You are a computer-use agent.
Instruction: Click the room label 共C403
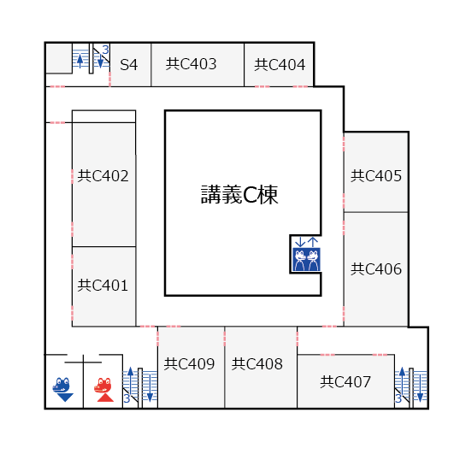pos(192,64)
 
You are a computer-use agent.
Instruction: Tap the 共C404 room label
pos(280,65)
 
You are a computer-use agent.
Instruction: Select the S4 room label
pos(128,65)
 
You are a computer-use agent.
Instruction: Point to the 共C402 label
pos(103,176)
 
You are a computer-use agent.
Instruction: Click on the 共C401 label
pos(103,286)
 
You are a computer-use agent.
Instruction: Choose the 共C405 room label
pos(376,176)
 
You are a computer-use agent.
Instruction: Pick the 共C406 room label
pos(376,269)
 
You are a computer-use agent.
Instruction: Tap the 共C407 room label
pos(345,382)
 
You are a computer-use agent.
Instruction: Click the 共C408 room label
pos(257,364)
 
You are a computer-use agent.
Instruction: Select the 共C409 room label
pos(189,364)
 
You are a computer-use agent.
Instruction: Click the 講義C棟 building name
pos(239,195)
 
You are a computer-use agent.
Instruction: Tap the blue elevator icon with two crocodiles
pos(306,259)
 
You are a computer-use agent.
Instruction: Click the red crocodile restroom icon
pos(103,390)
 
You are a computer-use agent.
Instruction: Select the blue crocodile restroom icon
pos(62,389)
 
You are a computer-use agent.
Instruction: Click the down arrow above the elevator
pos(300,242)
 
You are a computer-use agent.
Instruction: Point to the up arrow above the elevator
pos(313,242)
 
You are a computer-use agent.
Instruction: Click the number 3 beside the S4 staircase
pos(105,50)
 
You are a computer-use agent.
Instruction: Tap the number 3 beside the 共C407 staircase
pos(398,398)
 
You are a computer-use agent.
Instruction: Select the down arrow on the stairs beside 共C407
pos(420,388)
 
